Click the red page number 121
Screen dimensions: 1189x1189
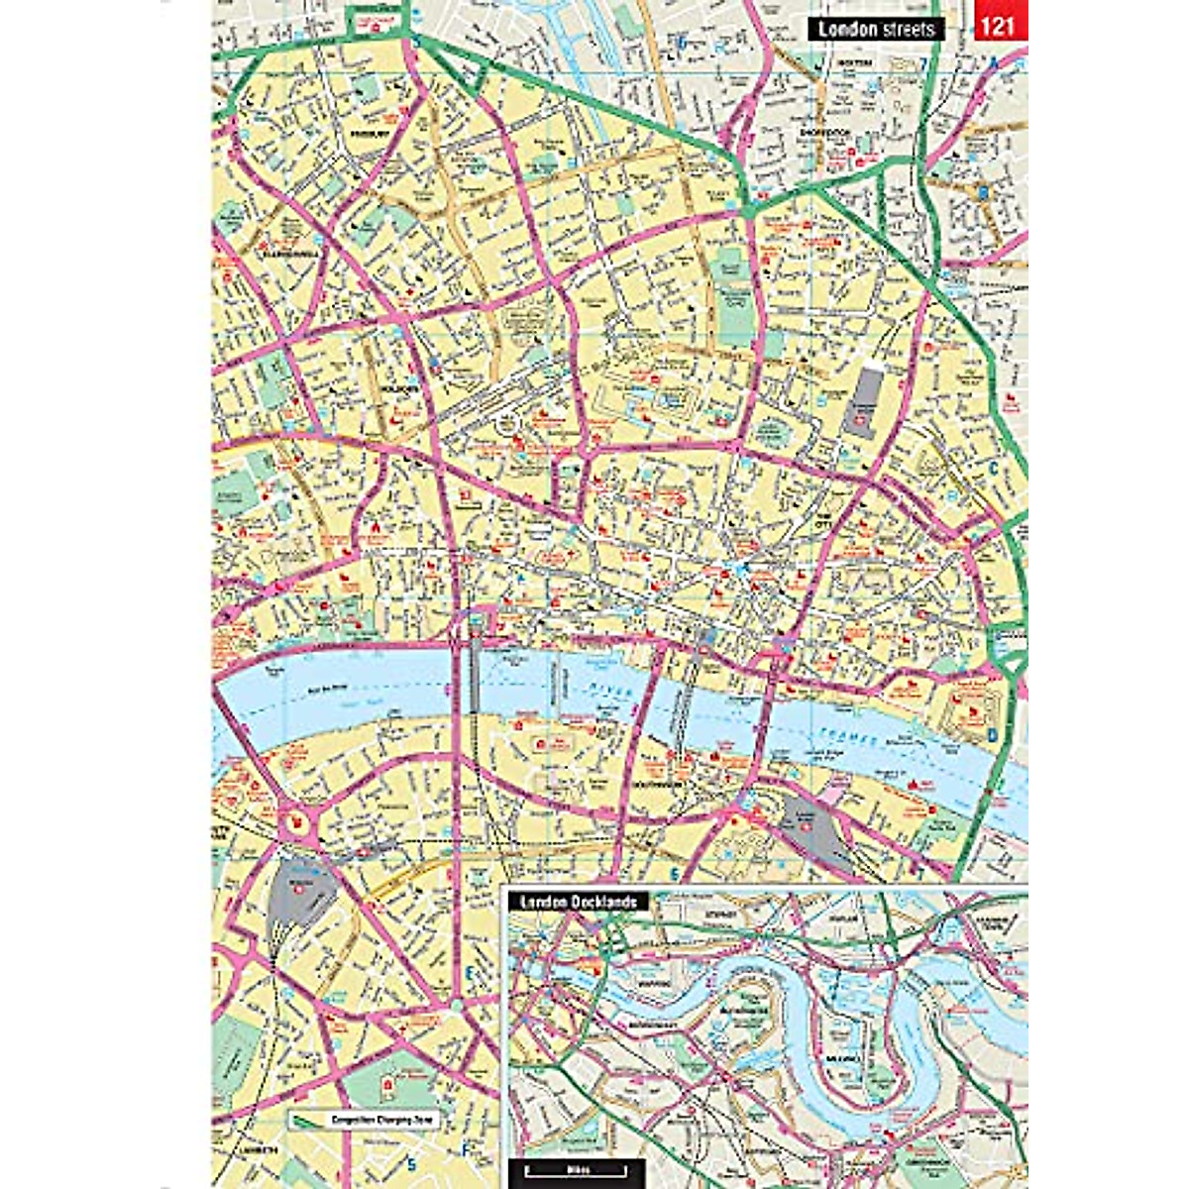coord(1000,26)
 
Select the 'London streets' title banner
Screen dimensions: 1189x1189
coord(877,28)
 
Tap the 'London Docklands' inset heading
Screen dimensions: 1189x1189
coord(578,902)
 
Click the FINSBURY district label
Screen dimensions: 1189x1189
coord(365,132)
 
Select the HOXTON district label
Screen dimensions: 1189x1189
coord(854,62)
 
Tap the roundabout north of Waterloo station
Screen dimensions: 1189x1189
coord(293,820)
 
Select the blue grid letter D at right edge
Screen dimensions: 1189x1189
coord(991,735)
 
